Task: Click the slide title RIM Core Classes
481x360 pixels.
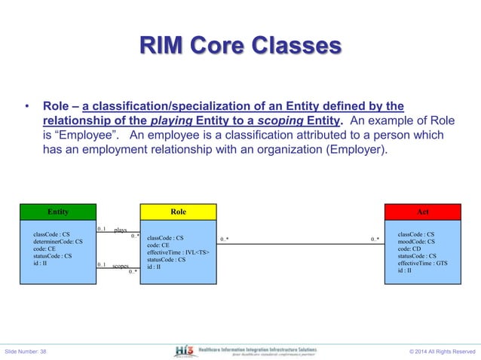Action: coord(240,47)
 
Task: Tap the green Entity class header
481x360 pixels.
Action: coord(57,212)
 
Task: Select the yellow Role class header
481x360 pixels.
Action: coord(179,212)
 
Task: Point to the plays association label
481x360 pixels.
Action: coord(121,230)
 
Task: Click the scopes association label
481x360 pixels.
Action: coord(121,266)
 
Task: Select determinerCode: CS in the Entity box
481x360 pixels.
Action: coord(58,242)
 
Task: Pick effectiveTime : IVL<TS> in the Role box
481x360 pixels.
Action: coord(178,252)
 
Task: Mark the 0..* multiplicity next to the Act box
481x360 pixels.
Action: coord(375,239)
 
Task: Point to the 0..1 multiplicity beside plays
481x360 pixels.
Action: coord(102,227)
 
